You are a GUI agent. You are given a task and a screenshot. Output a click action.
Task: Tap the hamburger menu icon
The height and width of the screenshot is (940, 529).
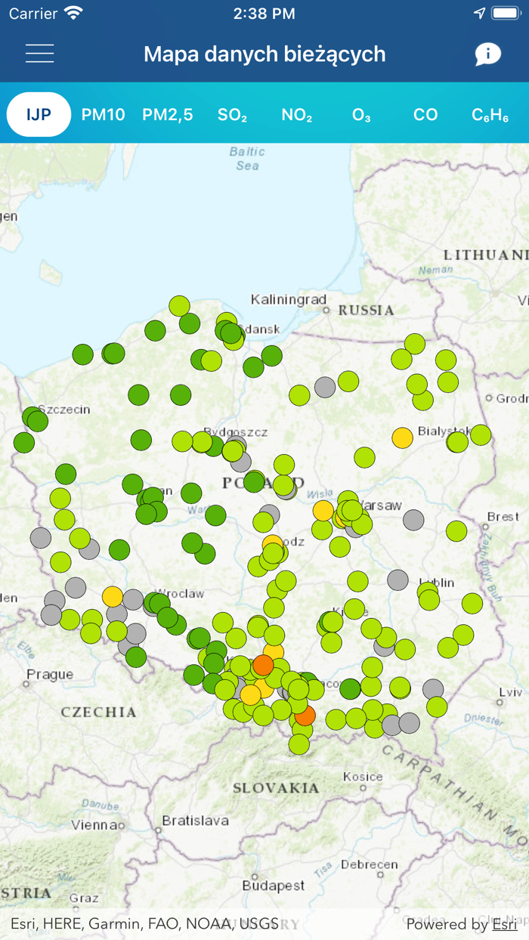click(39, 54)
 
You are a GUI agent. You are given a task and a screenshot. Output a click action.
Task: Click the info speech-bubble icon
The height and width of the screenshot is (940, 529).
click(487, 54)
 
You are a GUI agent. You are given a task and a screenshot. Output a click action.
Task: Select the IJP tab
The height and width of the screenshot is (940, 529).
click(39, 115)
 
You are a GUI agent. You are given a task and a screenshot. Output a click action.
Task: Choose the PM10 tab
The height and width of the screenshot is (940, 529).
click(103, 115)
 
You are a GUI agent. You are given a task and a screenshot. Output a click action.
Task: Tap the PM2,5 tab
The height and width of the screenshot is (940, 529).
click(167, 115)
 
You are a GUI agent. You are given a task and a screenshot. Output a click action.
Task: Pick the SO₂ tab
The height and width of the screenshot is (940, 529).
click(232, 115)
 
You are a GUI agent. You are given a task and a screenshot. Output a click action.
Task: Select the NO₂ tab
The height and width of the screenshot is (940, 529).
click(296, 115)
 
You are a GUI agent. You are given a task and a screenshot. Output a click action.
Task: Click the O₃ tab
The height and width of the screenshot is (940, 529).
click(361, 115)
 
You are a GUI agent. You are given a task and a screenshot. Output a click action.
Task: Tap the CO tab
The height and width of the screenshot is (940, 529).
click(425, 115)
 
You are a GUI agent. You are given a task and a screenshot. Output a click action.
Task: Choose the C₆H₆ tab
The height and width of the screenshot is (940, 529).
click(490, 115)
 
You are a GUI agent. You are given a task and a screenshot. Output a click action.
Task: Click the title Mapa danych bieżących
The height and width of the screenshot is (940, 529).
click(264, 54)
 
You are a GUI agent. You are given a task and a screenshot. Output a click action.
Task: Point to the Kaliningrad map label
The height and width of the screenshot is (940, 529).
click(288, 299)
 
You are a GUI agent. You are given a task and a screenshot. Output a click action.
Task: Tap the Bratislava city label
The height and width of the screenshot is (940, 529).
click(195, 820)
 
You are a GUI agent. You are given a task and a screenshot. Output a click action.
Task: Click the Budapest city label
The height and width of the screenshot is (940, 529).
click(274, 885)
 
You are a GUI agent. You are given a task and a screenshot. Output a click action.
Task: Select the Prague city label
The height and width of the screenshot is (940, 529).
click(50, 674)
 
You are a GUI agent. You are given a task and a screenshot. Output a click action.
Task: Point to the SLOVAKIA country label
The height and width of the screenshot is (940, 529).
click(275, 788)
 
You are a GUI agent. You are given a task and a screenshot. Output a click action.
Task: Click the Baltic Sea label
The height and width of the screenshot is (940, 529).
click(247, 159)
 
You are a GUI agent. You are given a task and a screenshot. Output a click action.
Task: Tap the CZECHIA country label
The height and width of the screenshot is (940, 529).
click(98, 712)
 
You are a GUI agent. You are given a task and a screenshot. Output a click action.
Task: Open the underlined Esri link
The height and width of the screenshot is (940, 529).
click(505, 924)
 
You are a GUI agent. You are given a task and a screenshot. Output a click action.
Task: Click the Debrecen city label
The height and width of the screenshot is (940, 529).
click(368, 864)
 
